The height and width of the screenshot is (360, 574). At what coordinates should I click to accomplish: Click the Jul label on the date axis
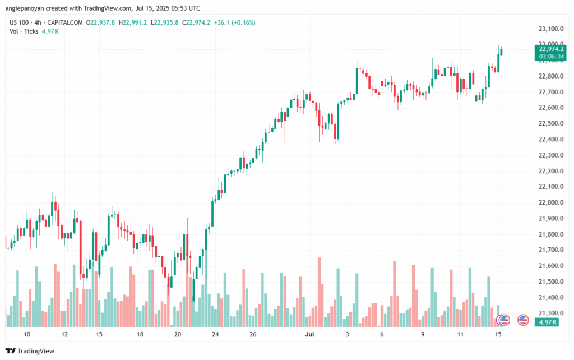tap(308, 335)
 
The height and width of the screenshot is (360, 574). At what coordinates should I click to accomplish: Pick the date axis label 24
tap(215, 335)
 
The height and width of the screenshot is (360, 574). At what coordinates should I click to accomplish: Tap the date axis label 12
tap(65, 335)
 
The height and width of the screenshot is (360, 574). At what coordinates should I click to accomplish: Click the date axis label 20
tap(178, 335)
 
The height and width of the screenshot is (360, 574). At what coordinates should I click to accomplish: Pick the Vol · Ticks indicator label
tap(24, 31)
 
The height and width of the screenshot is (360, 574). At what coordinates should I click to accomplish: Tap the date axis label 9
tap(421, 335)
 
